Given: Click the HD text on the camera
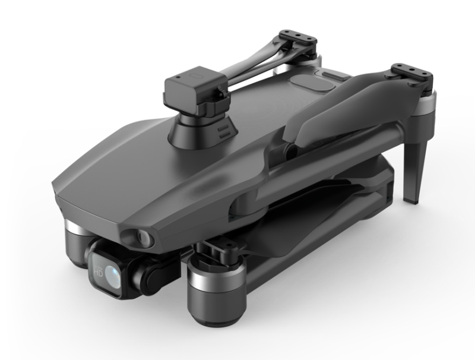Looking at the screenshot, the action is pyautogui.click(x=99, y=272).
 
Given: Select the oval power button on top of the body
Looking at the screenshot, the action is pyautogui.click(x=313, y=82).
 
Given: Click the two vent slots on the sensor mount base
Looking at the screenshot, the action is pyautogui.click(x=224, y=132).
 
